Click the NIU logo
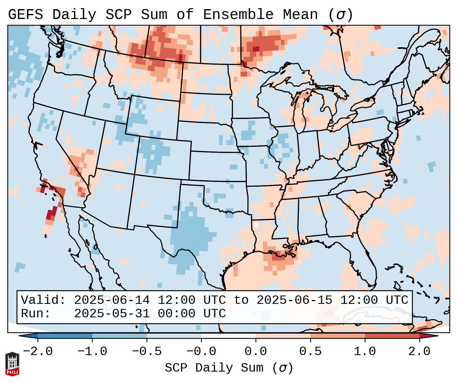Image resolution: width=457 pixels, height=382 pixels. (12, 364)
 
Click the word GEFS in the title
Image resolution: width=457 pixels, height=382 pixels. (26, 15)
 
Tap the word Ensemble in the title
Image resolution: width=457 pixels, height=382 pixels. (238, 15)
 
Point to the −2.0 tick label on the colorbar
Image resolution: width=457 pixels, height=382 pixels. (38, 352)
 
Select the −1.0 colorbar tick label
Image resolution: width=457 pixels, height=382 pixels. (92, 352)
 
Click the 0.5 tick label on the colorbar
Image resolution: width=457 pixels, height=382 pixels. (310, 352)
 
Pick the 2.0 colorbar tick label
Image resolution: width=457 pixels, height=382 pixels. (419, 352)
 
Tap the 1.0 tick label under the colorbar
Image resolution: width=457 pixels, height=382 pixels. (365, 352)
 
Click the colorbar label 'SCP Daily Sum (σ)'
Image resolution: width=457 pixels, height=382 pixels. (229, 368)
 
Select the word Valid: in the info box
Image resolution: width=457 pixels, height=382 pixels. (43, 300)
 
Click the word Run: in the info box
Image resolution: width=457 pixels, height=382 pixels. (36, 314)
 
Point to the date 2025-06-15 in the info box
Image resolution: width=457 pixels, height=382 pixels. (294, 300)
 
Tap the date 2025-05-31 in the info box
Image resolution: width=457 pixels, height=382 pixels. (112, 314)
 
